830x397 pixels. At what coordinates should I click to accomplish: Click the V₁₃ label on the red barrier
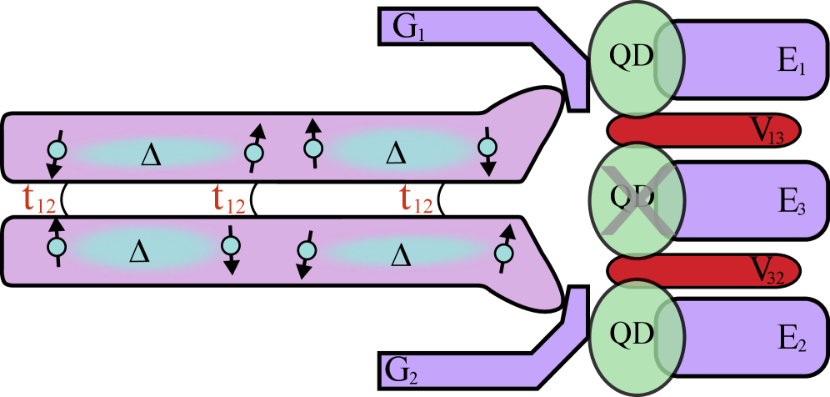[770, 131]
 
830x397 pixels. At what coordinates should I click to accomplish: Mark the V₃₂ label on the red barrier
[772, 269]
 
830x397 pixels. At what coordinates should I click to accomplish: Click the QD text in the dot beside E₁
[632, 57]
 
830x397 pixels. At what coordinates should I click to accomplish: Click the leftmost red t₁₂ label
[40, 200]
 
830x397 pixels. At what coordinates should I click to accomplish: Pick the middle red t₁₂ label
[228, 200]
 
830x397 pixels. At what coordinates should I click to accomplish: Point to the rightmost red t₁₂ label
[416, 200]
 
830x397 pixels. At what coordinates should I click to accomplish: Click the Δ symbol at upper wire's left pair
[151, 154]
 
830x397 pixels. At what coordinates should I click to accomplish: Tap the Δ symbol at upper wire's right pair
[396, 152]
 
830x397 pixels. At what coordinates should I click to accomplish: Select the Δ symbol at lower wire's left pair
[139, 251]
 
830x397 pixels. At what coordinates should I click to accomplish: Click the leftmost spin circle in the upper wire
[57, 151]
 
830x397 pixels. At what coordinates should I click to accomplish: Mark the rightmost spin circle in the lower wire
[502, 252]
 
